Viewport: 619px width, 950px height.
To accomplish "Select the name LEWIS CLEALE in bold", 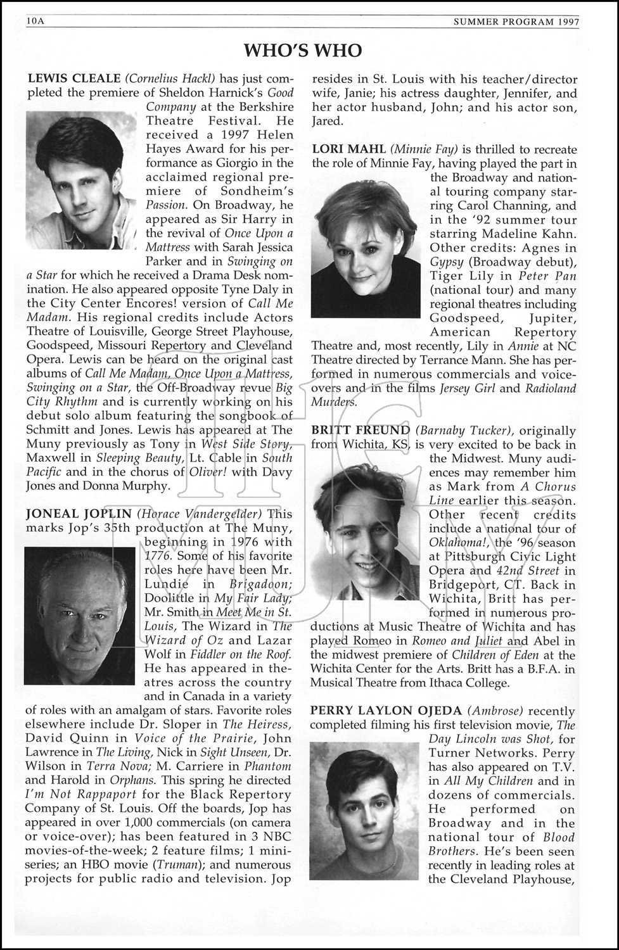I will click(74, 79).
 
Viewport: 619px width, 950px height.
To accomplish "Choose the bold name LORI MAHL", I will click(349, 149).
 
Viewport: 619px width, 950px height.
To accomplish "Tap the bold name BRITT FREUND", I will click(361, 431).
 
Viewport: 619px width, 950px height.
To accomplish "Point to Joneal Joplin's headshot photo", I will click(80, 616).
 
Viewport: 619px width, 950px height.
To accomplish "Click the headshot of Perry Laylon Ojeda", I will click(364, 811).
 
